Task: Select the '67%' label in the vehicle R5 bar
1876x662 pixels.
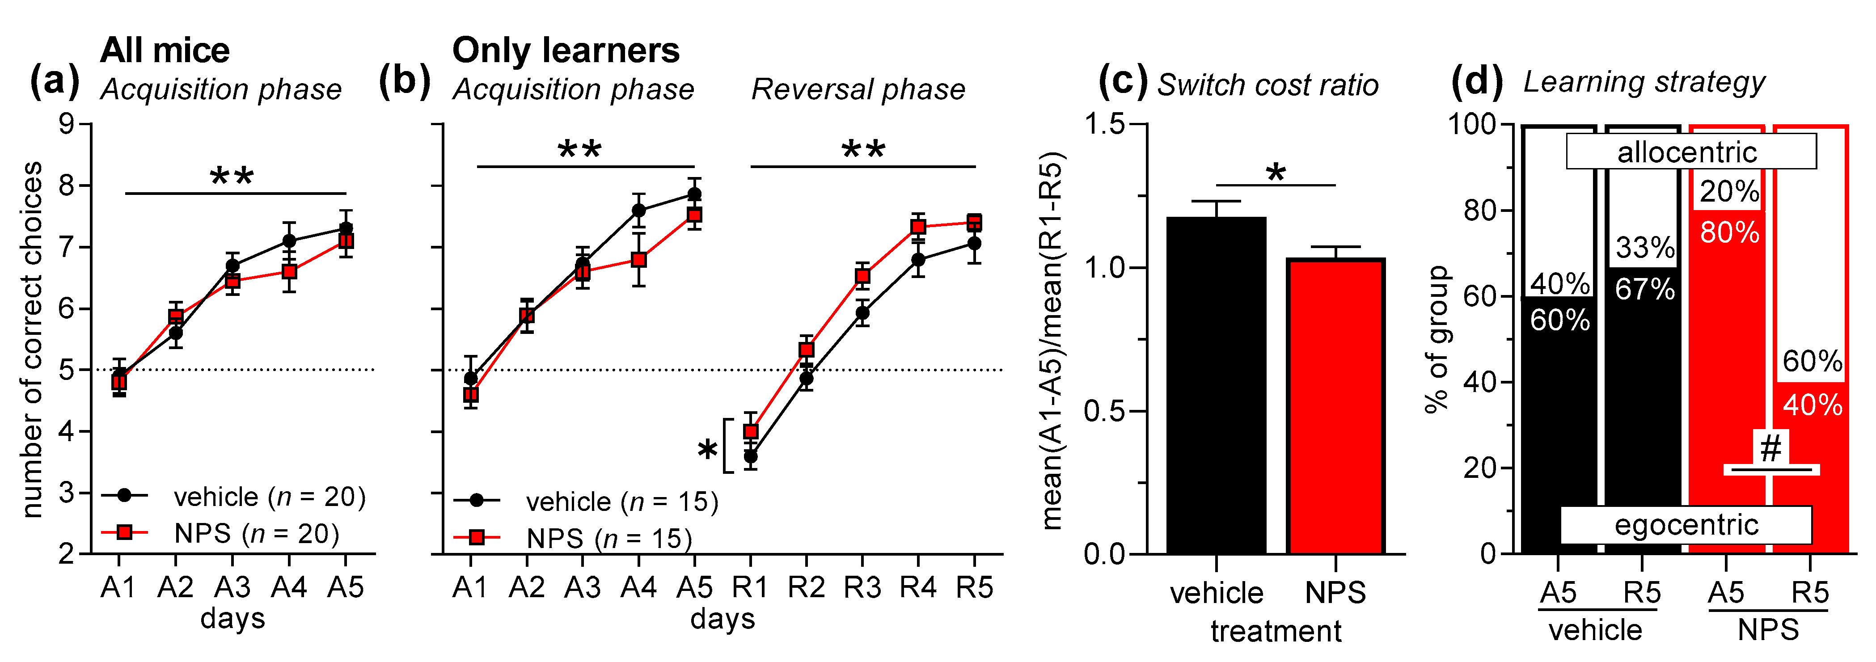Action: click(x=1644, y=289)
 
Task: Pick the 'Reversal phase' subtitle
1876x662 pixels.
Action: click(x=858, y=89)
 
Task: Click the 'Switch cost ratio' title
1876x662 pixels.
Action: click(x=1268, y=85)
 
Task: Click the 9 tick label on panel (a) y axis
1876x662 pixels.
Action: click(x=67, y=124)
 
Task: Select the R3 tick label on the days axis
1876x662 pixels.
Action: click(x=862, y=587)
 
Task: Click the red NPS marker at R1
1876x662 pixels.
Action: click(x=750, y=431)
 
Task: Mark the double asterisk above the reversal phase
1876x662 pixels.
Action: click(x=863, y=150)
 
